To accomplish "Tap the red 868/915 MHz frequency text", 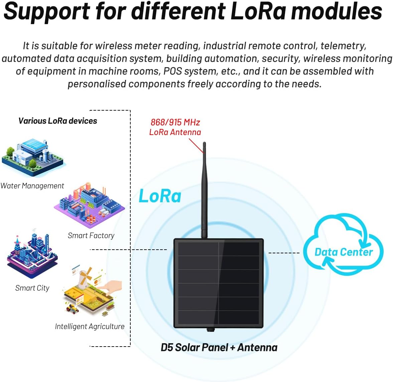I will tap(175, 122).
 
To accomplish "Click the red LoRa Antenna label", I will tap(175, 132).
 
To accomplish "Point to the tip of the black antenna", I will tap(204, 144).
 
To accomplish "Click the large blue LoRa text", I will tap(160, 196).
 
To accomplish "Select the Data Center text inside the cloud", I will tap(344, 252).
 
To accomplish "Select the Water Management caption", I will tap(32, 186).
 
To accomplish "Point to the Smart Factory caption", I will tap(91, 236).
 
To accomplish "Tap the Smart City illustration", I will tap(32, 254).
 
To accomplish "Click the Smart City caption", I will tap(32, 288).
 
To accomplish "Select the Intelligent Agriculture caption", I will tap(90, 327).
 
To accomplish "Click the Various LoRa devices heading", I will tap(57, 121).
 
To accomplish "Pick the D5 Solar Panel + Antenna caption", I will tap(219, 348).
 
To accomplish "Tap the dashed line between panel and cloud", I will tap(284, 253).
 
